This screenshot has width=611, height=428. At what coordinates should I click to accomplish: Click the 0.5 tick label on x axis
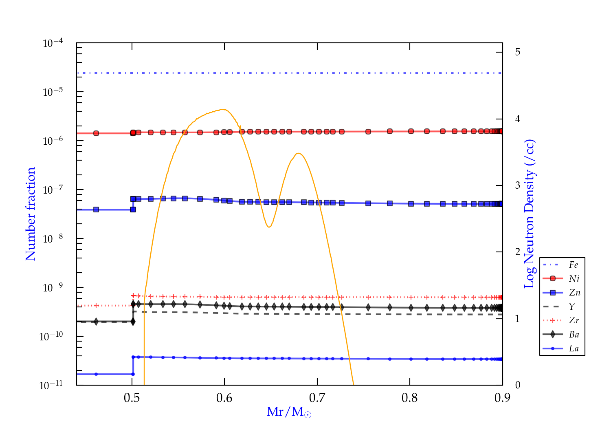pyautogui.click(x=132, y=398)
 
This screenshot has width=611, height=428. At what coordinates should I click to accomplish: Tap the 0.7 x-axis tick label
pyautogui.click(x=317, y=398)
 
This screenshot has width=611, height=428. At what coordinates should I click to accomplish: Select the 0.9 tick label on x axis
pyautogui.click(x=502, y=398)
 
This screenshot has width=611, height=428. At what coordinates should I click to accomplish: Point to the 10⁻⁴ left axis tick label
pyautogui.click(x=53, y=43)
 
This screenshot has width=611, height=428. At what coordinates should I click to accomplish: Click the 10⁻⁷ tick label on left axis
pyautogui.click(x=53, y=190)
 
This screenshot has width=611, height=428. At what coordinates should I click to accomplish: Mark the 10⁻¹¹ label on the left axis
pyautogui.click(x=51, y=385)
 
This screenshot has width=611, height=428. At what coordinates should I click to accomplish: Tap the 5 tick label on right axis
pyautogui.click(x=518, y=52)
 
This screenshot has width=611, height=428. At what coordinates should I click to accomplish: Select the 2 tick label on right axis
pyautogui.click(x=518, y=252)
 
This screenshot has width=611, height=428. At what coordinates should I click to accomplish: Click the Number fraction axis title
pyautogui.click(x=31, y=214)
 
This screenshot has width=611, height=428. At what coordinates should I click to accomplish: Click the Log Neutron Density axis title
pyautogui.click(x=529, y=214)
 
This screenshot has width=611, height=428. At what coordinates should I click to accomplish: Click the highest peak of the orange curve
pyautogui.click(x=222, y=109)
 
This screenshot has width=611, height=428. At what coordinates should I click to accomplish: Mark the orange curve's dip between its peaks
pyautogui.click(x=269, y=227)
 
